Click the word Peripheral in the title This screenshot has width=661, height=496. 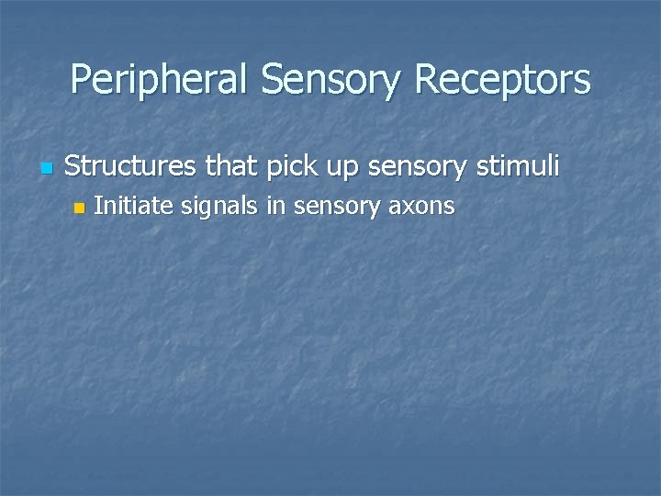click(x=160, y=80)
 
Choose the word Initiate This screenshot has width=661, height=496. click(x=134, y=206)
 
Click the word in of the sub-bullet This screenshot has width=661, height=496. click(x=274, y=206)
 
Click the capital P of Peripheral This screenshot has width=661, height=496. click(x=80, y=80)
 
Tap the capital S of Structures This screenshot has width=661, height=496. click(x=74, y=166)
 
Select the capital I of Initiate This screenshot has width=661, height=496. click(x=97, y=206)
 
